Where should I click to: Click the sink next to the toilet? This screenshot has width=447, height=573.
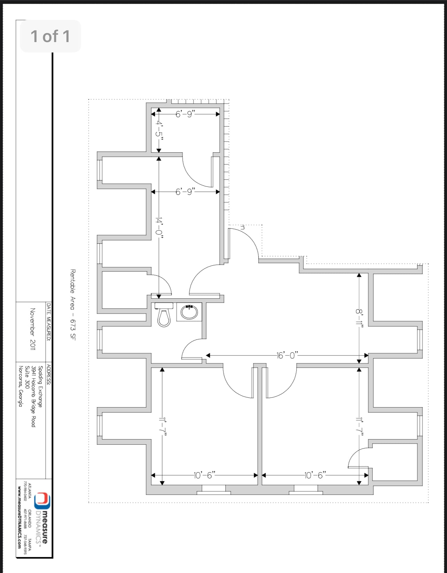(189, 312)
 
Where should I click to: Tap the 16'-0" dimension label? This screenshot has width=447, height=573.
(287, 355)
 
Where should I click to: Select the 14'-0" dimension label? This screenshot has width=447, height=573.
(159, 226)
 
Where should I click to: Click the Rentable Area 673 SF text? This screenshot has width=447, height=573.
(73, 304)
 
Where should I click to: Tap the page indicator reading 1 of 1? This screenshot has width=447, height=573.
(50, 36)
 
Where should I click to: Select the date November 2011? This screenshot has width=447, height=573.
(33, 329)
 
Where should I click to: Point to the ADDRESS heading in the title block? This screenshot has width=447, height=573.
(49, 374)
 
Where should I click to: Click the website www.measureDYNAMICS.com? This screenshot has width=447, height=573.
(19, 518)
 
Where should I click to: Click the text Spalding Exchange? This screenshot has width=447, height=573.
(40, 386)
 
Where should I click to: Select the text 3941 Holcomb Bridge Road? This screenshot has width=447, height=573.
(33, 396)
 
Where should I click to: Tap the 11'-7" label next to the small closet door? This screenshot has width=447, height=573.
(359, 424)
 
